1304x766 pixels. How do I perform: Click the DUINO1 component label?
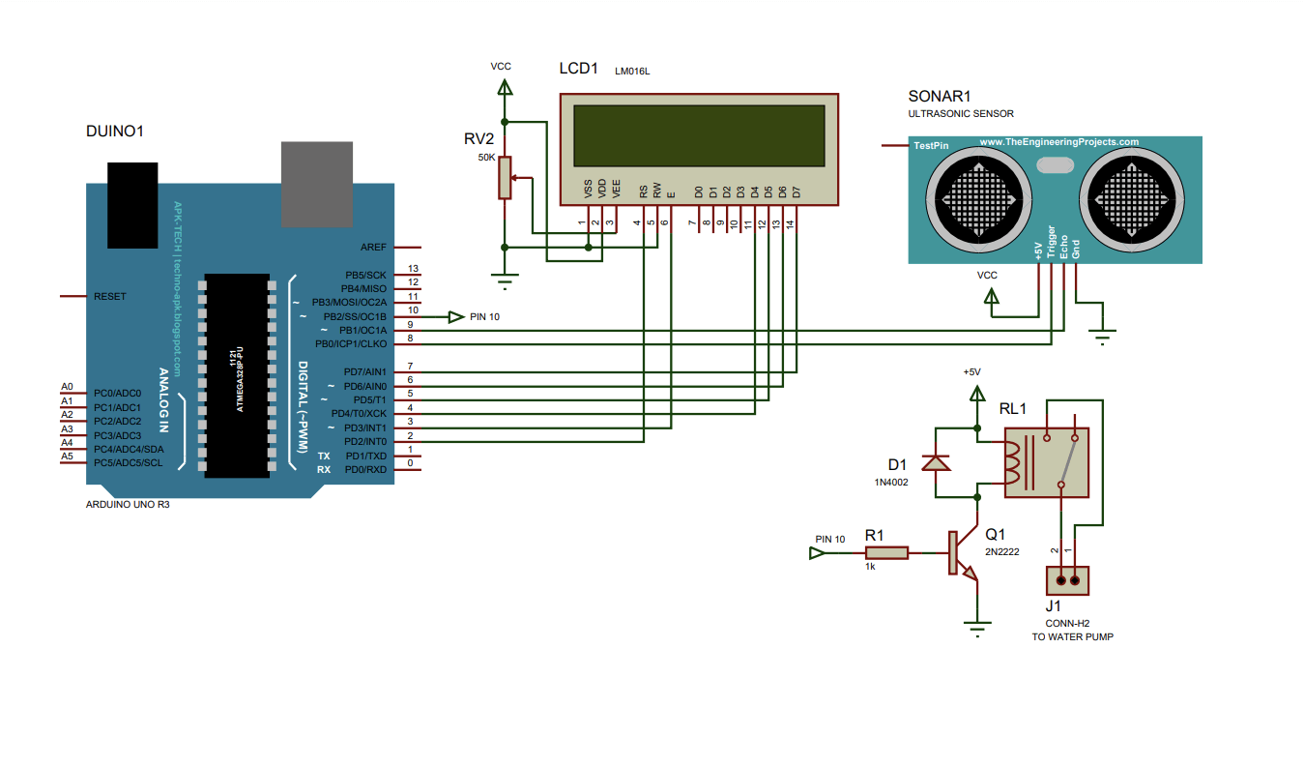click(x=115, y=131)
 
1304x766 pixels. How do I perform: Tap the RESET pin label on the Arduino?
click(x=109, y=296)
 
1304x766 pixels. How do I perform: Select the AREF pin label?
click(x=372, y=248)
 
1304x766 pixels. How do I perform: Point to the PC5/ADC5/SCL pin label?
click(x=129, y=462)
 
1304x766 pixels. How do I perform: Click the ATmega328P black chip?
click(x=237, y=375)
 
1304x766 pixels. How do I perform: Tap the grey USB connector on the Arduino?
click(x=317, y=184)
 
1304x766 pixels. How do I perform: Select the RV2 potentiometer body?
click(x=505, y=178)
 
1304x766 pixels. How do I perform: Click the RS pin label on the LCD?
click(x=643, y=191)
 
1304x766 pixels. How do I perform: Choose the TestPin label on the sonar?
click(x=931, y=145)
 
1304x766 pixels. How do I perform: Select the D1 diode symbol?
click(x=936, y=462)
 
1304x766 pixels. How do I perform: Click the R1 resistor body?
click(x=886, y=553)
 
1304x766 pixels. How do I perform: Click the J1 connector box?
click(x=1067, y=580)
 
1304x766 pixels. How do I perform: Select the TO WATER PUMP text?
click(x=1072, y=636)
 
